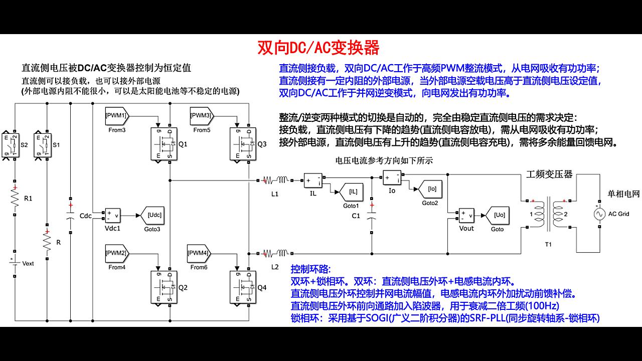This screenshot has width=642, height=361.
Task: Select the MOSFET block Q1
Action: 165,144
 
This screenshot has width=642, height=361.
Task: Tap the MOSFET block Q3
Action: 243,144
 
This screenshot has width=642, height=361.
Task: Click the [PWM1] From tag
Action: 117,116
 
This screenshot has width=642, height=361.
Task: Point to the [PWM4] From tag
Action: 199,253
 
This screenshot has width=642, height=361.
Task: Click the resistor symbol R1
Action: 15,198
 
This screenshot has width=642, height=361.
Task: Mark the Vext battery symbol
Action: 15,263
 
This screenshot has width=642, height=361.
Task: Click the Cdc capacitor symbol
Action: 71,216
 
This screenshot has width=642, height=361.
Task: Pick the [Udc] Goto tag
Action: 153,215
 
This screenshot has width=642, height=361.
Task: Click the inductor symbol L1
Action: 275,179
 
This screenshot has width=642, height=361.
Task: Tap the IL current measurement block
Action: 313,180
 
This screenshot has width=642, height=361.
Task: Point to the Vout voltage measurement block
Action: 466,215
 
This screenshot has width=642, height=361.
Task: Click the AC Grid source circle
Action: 598,214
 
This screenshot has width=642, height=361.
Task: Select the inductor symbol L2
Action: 275,253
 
